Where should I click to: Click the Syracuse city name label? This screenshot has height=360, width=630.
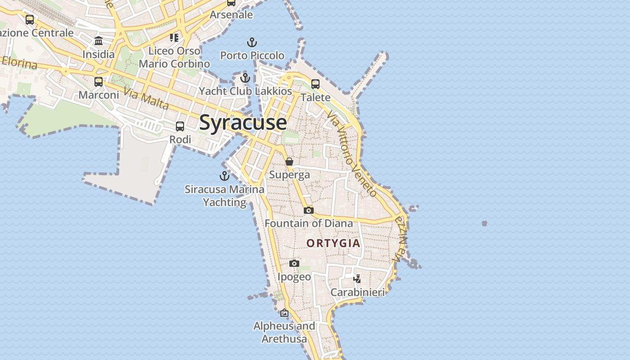click(x=243, y=122)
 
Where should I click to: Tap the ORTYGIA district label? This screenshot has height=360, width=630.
click(x=333, y=243)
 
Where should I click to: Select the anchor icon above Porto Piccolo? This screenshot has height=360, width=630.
click(x=252, y=43)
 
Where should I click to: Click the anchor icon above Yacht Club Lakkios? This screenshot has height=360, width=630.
click(x=245, y=78)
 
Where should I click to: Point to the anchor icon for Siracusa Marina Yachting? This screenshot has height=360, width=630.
click(x=224, y=176)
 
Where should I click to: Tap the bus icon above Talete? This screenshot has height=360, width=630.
click(x=315, y=84)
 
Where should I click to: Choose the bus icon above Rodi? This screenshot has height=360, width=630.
click(x=180, y=126)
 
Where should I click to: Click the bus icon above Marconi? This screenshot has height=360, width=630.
click(x=99, y=82)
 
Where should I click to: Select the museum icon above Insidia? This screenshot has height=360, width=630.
click(x=99, y=41)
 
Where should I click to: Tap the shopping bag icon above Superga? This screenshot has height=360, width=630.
click(x=289, y=162)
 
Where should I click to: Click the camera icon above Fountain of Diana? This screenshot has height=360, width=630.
click(x=308, y=210)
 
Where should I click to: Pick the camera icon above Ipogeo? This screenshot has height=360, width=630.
click(x=294, y=263)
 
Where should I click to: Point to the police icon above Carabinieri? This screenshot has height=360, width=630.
click(x=357, y=279)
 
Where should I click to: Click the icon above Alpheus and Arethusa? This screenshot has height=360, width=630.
click(x=284, y=313)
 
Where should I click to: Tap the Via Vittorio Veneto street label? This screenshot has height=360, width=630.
click(x=352, y=153)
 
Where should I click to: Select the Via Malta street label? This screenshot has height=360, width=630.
click(x=146, y=99)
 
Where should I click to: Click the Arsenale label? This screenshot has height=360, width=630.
click(x=231, y=15)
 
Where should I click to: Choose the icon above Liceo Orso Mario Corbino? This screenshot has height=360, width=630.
click(x=174, y=37)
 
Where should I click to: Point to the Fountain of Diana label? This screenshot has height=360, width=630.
click(x=309, y=223)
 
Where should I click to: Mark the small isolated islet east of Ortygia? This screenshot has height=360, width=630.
click(x=484, y=223)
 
